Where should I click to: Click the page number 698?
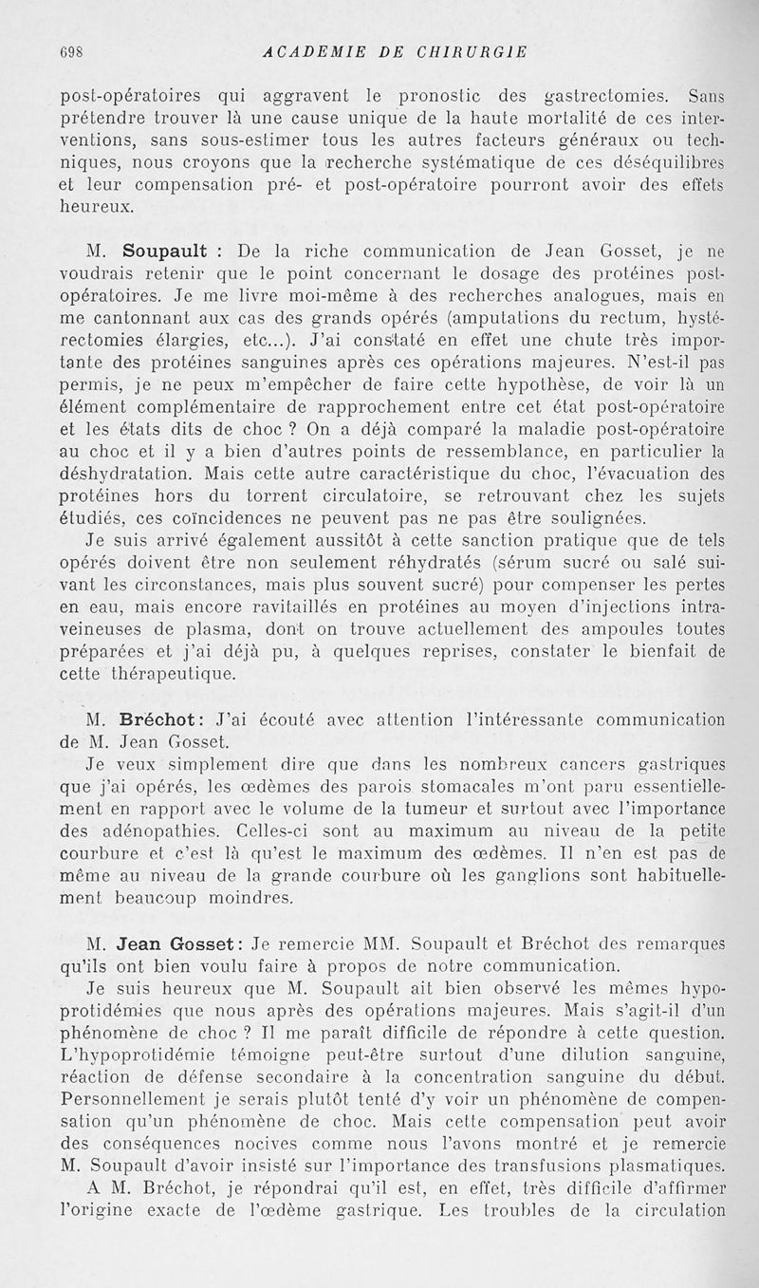pyautogui.click(x=73, y=52)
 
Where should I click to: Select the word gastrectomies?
pyautogui.click(x=600, y=94)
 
